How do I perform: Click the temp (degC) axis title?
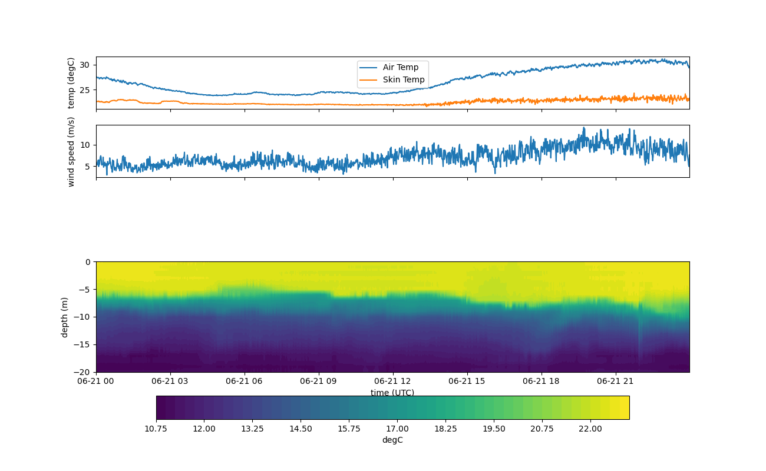click(x=71, y=83)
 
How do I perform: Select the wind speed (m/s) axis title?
click(x=71, y=151)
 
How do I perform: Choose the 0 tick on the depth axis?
click(x=88, y=262)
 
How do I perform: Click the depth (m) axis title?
click(x=65, y=317)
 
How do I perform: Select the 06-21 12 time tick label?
click(x=392, y=381)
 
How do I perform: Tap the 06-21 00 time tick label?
click(x=96, y=381)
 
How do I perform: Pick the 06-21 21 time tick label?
click(x=615, y=381)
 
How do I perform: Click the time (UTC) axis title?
click(x=392, y=393)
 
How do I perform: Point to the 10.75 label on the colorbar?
click(x=156, y=429)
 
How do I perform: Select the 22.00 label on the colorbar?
click(x=590, y=429)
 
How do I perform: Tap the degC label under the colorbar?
click(x=392, y=440)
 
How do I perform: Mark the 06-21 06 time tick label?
click(x=245, y=381)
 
